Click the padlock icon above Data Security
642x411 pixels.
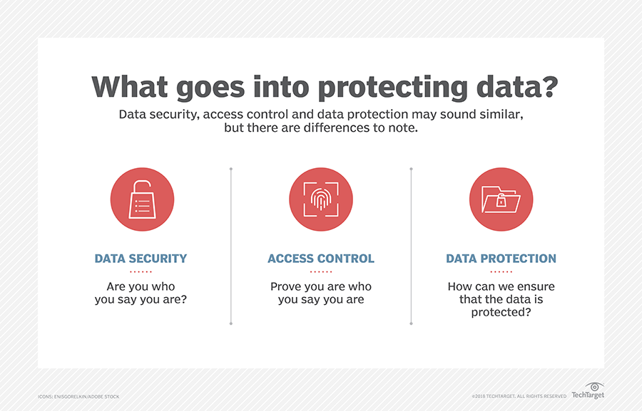pos(142,199)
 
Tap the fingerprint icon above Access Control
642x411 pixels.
pos(321,199)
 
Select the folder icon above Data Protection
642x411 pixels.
pos(501,199)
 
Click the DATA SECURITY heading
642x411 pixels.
pos(141,259)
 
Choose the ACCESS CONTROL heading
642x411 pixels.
pos(321,259)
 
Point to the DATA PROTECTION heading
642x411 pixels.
pos(501,259)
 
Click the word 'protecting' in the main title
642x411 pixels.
pos(392,88)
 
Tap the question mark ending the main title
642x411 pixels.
pos(549,86)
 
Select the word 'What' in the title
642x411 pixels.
pos(130,86)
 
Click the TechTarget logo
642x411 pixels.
pos(588,391)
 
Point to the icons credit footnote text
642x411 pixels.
pos(78,397)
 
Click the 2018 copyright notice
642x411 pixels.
pos(519,396)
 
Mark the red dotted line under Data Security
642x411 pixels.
pos(141,271)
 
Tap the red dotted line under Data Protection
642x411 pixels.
pos(501,271)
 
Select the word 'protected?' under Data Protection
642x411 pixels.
pos(501,313)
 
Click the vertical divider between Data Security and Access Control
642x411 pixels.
pos(231,246)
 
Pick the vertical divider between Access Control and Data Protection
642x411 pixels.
pos(411,246)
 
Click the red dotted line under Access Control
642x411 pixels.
pos(321,271)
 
